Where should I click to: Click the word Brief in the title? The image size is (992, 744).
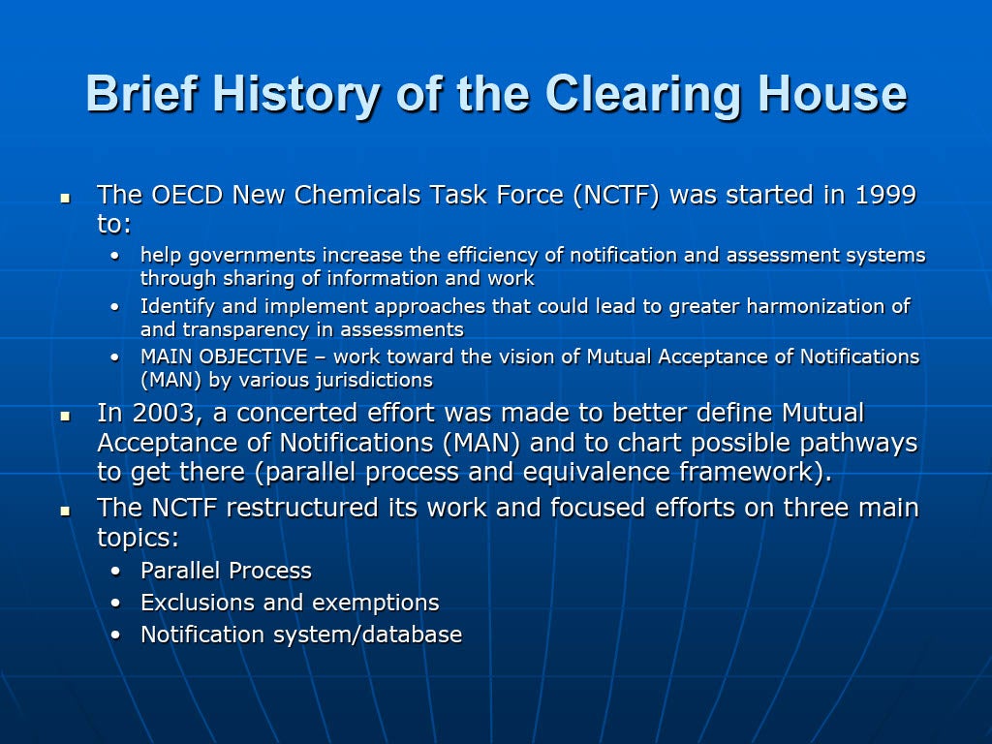pyautogui.click(x=142, y=93)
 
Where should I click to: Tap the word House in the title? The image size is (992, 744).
pyautogui.click(x=832, y=93)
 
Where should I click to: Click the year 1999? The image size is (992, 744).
pyautogui.click(x=885, y=195)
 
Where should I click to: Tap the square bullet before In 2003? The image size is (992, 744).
pyautogui.click(x=65, y=417)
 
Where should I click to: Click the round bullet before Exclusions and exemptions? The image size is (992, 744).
pyautogui.click(x=115, y=604)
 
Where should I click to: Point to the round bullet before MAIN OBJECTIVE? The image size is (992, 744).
pyautogui.click(x=114, y=357)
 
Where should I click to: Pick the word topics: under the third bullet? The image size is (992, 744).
pyautogui.click(x=138, y=539)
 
